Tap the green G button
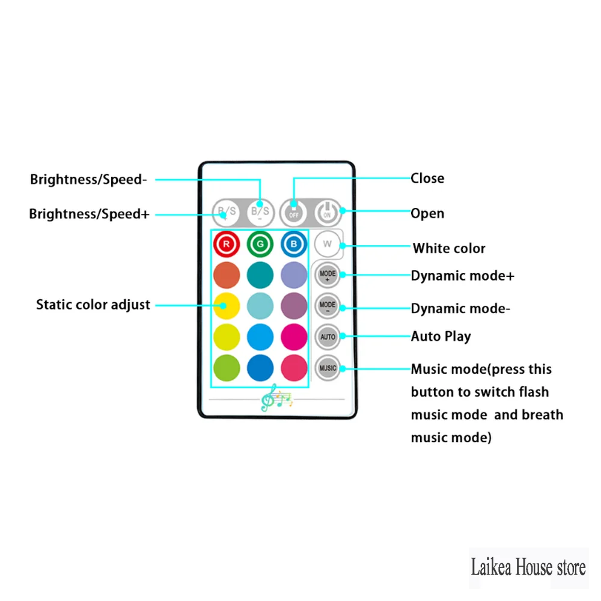coord(260,245)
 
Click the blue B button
coord(294,245)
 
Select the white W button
coord(328,244)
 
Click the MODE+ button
coord(328,275)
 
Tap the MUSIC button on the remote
coord(328,368)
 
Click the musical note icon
coord(275,397)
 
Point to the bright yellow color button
coord(227,306)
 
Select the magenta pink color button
coord(294,337)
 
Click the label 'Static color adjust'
coord(93,305)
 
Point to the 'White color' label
coord(449,248)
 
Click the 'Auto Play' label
coord(441,337)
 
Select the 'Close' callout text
coord(427,178)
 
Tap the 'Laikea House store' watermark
coord(528,567)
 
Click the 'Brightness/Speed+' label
coord(89,214)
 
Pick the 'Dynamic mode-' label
coord(460,309)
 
